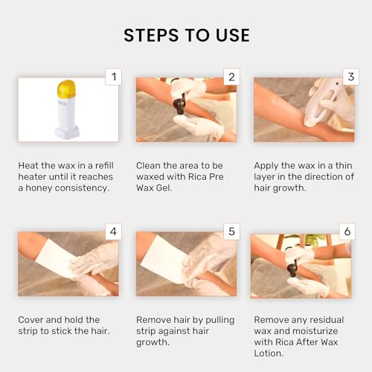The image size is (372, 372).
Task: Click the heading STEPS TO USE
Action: pyautogui.click(x=186, y=35)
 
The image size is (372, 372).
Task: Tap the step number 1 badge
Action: pyautogui.click(x=112, y=77)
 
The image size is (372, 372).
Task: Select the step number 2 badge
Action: pyautogui.click(x=231, y=77)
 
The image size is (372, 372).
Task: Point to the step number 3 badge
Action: pyautogui.click(x=348, y=77)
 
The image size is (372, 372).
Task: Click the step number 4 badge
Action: pyautogui.click(x=112, y=231)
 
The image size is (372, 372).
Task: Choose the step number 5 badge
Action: pyautogui.click(x=231, y=231)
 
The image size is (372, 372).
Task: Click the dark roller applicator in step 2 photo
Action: pyautogui.click(x=179, y=109)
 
